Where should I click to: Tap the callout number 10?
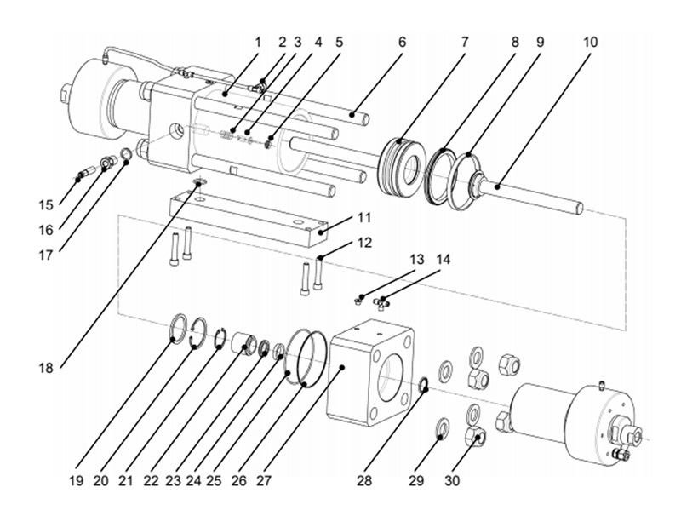[x=590, y=40]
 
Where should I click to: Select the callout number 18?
[x=47, y=368]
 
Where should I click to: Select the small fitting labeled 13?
[x=360, y=299]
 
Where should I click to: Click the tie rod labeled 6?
[x=358, y=114]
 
